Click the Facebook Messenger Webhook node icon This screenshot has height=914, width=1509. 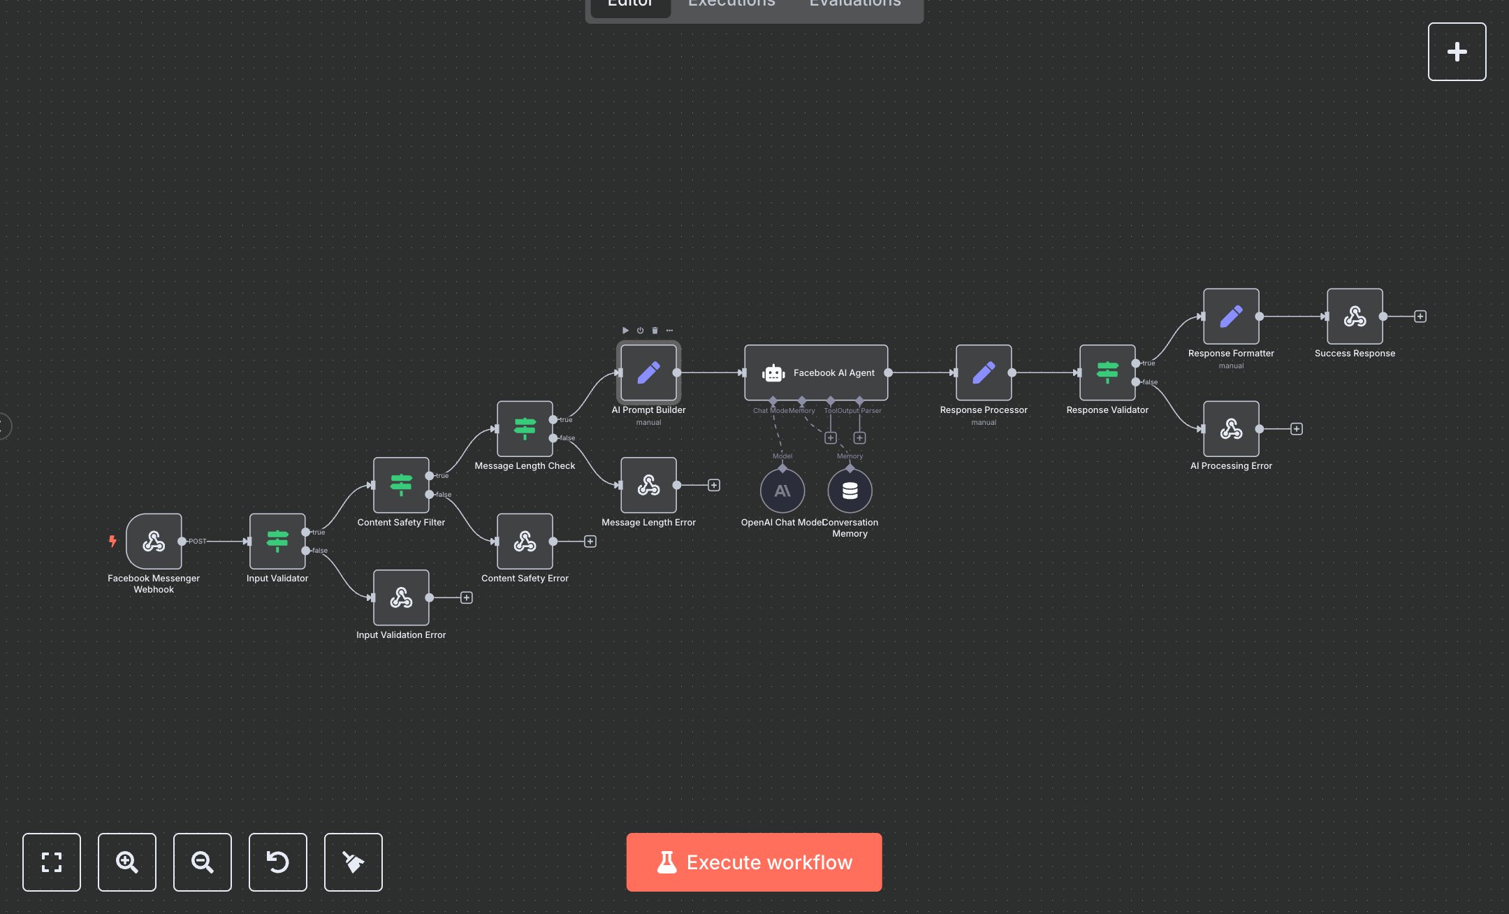click(154, 542)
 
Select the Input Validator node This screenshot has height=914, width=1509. click(277, 542)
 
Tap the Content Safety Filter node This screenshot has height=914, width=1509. click(401, 485)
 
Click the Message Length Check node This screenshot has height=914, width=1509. click(525, 428)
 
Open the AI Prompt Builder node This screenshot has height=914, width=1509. click(648, 372)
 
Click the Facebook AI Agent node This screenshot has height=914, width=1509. click(816, 372)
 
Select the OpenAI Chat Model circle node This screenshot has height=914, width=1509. click(782, 491)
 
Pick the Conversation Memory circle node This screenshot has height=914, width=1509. click(850, 491)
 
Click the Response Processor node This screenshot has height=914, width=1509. click(984, 372)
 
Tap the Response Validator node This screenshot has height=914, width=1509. click(1107, 372)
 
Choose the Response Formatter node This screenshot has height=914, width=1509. click(1231, 317)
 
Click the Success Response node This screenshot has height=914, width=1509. click(1355, 317)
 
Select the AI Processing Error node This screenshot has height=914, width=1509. click(1231, 429)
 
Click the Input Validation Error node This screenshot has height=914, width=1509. click(401, 597)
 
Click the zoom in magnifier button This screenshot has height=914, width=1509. click(127, 862)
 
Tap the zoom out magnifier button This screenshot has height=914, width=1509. click(203, 862)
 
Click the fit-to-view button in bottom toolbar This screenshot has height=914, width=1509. click(52, 862)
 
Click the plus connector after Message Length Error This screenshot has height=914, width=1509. click(714, 485)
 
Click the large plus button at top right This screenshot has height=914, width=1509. click(1457, 52)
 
